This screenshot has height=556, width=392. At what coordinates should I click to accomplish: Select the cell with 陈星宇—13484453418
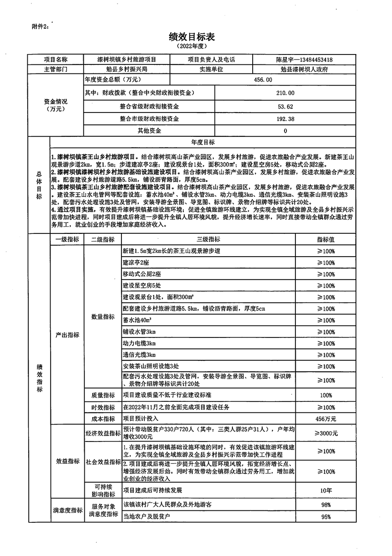(x=304, y=59)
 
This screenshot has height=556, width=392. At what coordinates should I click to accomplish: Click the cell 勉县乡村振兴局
(x=126, y=69)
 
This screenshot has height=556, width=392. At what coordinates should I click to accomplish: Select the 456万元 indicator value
(x=326, y=419)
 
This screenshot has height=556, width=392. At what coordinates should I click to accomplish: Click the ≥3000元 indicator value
(x=326, y=434)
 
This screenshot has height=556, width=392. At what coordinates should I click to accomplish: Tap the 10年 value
(x=326, y=490)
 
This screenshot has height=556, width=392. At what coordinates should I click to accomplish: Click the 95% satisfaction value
(x=326, y=517)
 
